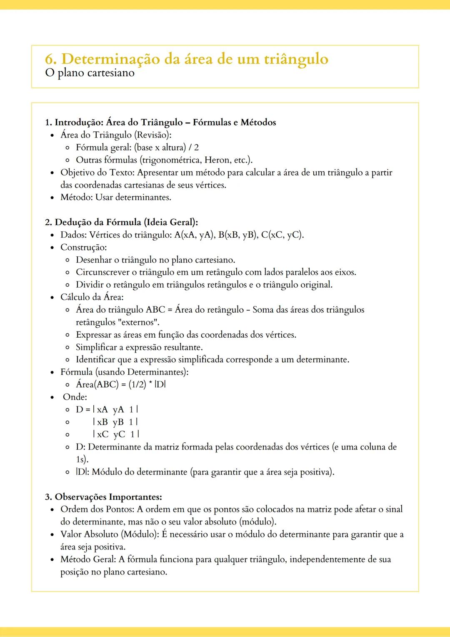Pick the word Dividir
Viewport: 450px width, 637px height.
click(x=89, y=285)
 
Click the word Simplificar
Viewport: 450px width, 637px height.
click(x=96, y=348)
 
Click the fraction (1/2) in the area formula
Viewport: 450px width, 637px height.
click(x=137, y=385)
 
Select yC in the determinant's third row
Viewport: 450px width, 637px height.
click(x=119, y=435)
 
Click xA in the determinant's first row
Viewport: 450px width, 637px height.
click(x=102, y=410)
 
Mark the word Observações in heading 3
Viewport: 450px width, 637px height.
click(x=81, y=497)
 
